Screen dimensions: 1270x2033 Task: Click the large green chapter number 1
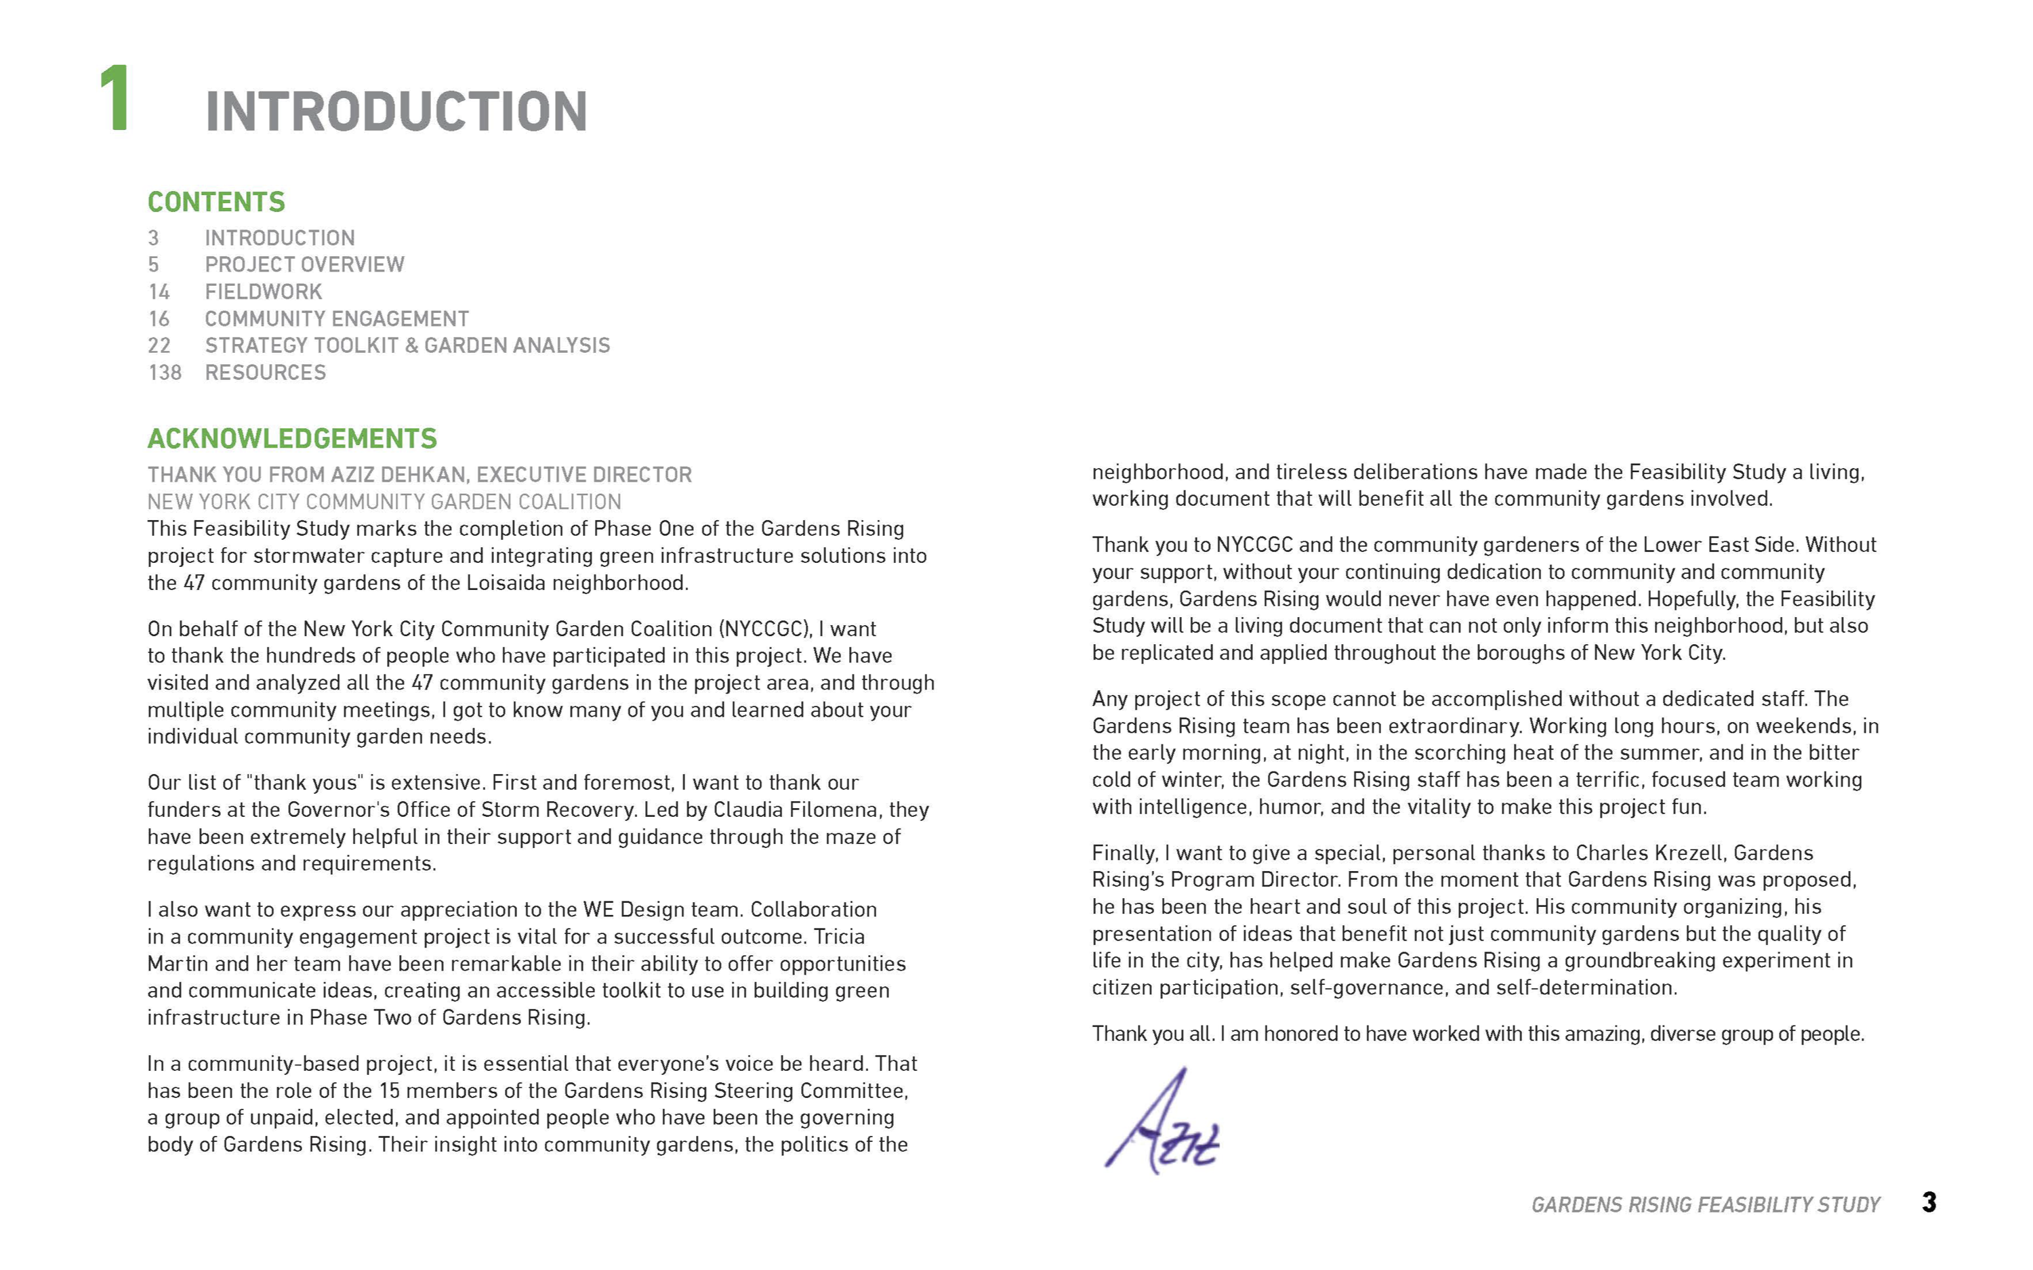pos(115,99)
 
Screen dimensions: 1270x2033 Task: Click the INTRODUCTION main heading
pos(396,112)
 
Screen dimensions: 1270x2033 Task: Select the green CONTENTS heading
pos(216,203)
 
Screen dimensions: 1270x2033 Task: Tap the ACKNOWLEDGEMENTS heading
pos(291,438)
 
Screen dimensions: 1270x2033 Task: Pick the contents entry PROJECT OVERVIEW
pos(304,266)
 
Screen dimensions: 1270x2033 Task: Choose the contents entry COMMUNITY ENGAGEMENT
pos(336,319)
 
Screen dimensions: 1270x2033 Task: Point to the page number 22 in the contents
pos(159,346)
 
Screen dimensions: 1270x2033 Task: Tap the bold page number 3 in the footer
pos(1929,1203)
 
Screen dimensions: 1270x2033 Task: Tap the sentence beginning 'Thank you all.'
pos(1478,1034)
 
